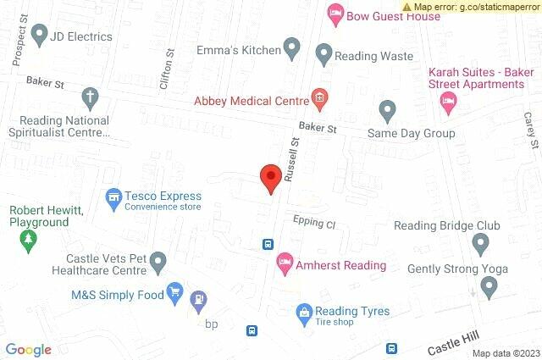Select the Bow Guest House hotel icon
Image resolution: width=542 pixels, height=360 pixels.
coord(335,14)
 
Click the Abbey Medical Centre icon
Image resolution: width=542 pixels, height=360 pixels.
coord(318,99)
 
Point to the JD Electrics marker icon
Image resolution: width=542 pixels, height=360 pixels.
coord(38,36)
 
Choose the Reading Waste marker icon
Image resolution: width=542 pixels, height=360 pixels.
coord(324,55)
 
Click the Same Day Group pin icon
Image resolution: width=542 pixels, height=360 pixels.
coord(387,110)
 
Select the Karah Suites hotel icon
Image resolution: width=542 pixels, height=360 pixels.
coord(448,102)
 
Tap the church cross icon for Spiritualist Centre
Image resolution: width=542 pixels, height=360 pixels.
coord(89,97)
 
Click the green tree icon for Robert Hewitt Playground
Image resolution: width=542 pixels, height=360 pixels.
coord(28,241)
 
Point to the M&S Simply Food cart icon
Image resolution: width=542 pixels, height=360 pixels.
coord(175,293)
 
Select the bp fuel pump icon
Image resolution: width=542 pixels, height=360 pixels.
coord(198,299)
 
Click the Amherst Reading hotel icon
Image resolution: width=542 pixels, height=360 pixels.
coord(285,264)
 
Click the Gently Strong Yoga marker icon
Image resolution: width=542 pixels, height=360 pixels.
coord(489,288)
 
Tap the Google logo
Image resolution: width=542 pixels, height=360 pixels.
coord(28,350)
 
